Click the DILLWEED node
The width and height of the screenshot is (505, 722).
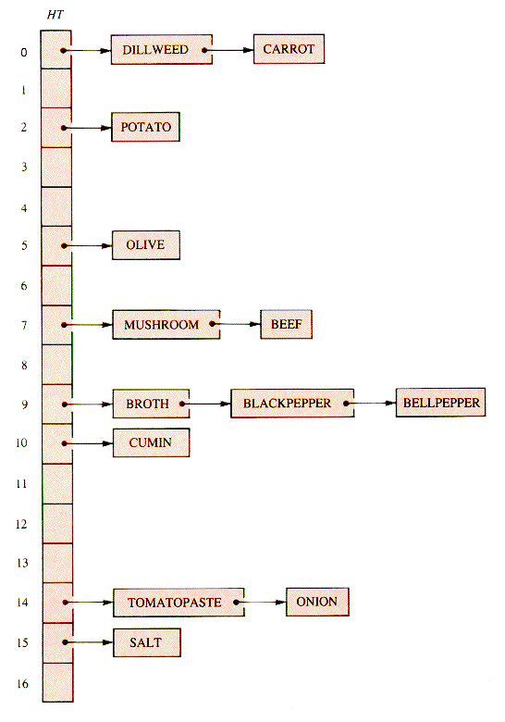(162, 49)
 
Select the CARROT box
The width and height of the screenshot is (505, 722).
(289, 49)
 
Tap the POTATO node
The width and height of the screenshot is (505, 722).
(145, 127)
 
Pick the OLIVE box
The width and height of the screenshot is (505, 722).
(146, 245)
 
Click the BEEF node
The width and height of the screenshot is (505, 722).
(286, 324)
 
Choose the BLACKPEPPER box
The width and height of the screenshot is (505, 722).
(292, 404)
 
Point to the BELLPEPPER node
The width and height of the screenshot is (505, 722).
(440, 403)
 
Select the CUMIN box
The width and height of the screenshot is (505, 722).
(151, 442)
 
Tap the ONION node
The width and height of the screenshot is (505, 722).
(317, 602)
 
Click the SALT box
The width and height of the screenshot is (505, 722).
(147, 642)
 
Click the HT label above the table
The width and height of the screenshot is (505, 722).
(55, 15)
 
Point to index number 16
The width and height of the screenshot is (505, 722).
(22, 683)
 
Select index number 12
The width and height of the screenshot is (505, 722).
(21, 524)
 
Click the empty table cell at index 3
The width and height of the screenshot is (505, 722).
(56, 168)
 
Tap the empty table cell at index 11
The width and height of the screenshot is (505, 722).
(57, 484)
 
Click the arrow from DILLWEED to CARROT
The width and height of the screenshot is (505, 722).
(228, 50)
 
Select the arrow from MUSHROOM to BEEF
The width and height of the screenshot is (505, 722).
(236, 324)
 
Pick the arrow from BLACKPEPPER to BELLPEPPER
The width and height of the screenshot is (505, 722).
(370, 404)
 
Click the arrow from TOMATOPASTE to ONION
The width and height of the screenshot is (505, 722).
(260, 602)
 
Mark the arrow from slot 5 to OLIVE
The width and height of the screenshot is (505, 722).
(87, 246)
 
